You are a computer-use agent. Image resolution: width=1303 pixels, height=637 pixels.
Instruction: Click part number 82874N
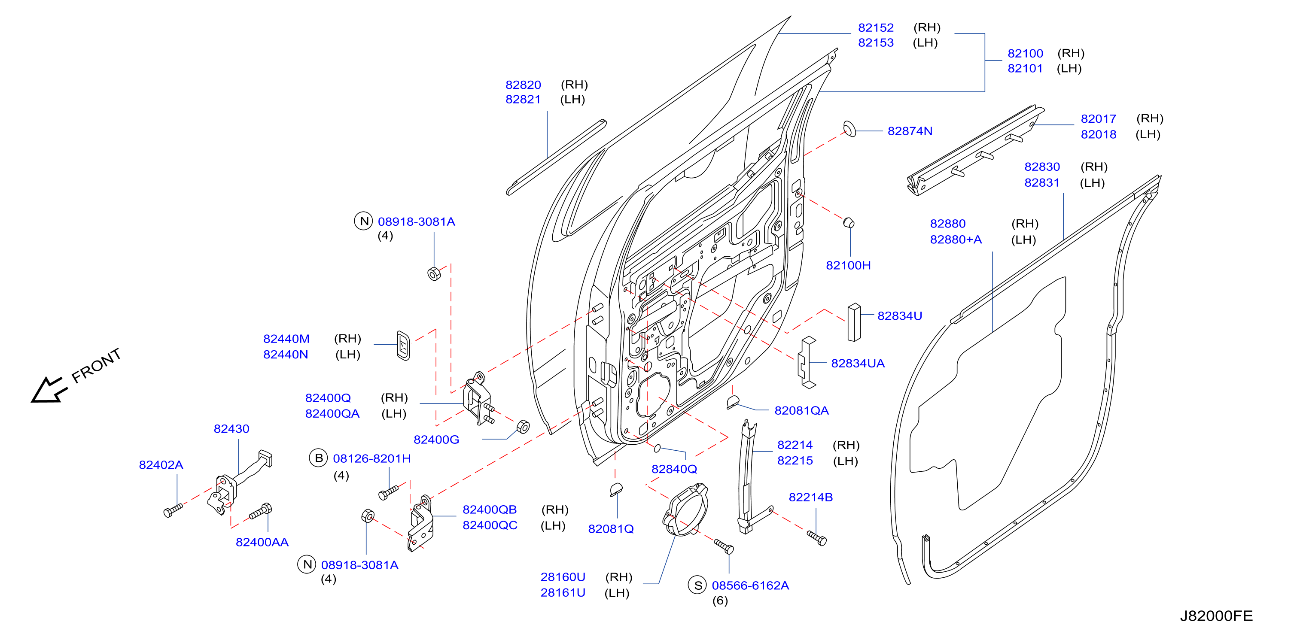(910, 131)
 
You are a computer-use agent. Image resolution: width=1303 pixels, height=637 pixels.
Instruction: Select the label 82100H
(848, 265)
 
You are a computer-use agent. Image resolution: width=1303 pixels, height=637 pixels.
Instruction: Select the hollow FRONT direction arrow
(49, 390)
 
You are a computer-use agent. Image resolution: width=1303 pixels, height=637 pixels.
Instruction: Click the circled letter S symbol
(697, 585)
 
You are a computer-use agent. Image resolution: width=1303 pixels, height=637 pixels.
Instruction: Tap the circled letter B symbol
(319, 458)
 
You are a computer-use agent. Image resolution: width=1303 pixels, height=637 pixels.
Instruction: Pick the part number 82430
(231, 429)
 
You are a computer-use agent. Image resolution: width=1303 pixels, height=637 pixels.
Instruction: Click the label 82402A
(161, 464)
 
